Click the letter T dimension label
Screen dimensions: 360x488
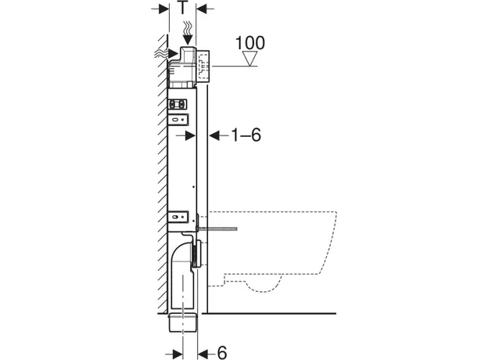[x=182, y=9]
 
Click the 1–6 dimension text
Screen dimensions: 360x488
[x=244, y=135]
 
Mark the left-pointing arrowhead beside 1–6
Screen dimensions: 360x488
[x=213, y=135]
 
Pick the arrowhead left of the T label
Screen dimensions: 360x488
[x=163, y=9]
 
